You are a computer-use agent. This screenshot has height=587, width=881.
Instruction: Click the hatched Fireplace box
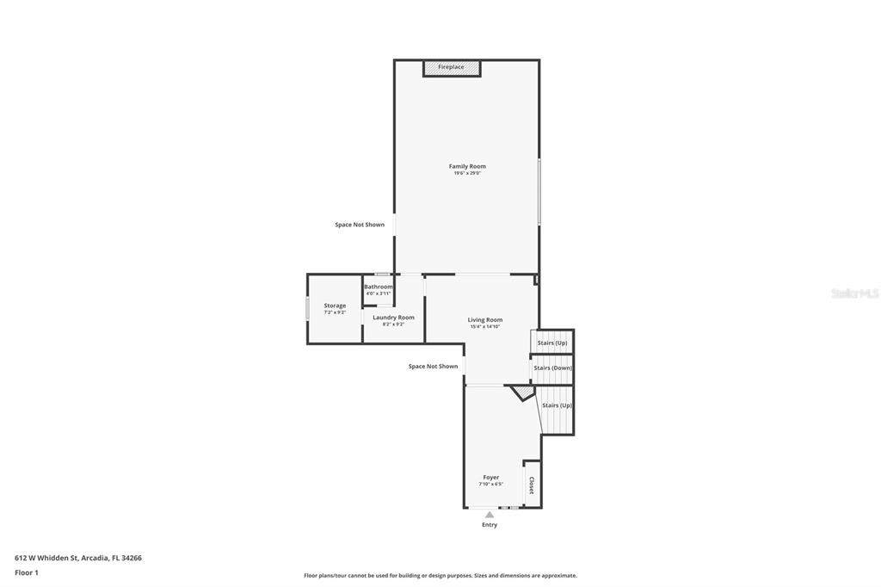[451, 67]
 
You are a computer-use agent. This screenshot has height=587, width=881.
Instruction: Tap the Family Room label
[467, 166]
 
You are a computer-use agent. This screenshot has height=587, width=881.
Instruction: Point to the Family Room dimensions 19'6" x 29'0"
[467, 173]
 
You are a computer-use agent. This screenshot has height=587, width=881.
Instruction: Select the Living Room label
[485, 319]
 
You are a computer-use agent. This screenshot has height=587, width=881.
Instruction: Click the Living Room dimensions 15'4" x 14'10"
[485, 326]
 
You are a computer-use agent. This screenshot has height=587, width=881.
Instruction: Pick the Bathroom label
[378, 287]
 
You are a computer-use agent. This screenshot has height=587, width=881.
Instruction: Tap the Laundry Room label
[393, 318]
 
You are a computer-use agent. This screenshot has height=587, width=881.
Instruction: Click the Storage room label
[335, 306]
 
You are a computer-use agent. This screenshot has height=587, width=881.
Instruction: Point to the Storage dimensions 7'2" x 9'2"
[335, 312]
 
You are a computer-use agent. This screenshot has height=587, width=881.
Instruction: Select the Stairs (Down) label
[552, 368]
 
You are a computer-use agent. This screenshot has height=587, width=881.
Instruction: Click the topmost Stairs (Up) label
[552, 343]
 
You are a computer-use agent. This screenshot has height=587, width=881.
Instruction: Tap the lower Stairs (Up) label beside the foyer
[557, 405]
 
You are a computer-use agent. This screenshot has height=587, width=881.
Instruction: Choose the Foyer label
[490, 477]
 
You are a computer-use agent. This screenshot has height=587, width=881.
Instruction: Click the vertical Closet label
[532, 485]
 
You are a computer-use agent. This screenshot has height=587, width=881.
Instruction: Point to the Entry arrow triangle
[490, 515]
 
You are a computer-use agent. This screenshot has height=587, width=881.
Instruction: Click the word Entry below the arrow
[490, 525]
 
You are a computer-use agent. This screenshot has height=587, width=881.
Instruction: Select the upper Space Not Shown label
[360, 225]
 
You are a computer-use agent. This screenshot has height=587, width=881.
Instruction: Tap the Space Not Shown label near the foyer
[433, 367]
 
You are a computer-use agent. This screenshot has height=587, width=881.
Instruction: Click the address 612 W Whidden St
[78, 558]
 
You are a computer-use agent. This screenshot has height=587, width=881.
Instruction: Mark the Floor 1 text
[27, 572]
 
